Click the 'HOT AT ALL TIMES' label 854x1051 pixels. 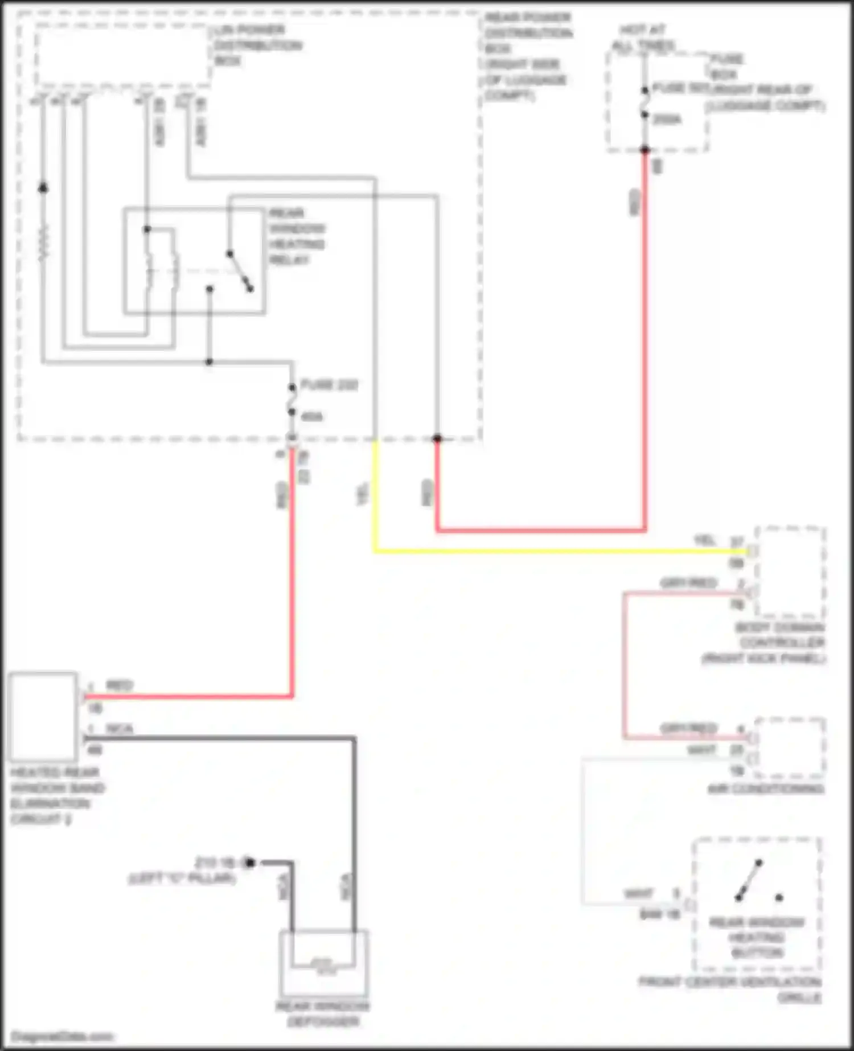click(643, 37)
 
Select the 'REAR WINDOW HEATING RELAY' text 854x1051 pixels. click(297, 236)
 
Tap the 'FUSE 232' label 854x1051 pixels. click(329, 385)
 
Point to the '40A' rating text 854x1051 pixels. click(311, 417)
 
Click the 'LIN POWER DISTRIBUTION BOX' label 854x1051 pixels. click(257, 45)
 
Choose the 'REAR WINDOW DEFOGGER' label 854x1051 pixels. click(323, 1014)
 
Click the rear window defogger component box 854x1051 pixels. click(323, 963)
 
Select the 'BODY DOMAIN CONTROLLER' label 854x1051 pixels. click(780, 643)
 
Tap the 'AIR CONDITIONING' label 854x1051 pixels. click(765, 789)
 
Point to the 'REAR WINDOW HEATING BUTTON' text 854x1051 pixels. click(757, 937)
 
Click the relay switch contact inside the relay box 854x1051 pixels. click(240, 271)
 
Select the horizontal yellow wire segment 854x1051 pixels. click(558, 551)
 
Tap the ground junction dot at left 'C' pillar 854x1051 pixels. click(249, 863)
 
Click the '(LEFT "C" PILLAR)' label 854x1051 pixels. click(182, 878)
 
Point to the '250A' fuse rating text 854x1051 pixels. click(667, 119)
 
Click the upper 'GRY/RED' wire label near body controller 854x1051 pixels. click(688, 583)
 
